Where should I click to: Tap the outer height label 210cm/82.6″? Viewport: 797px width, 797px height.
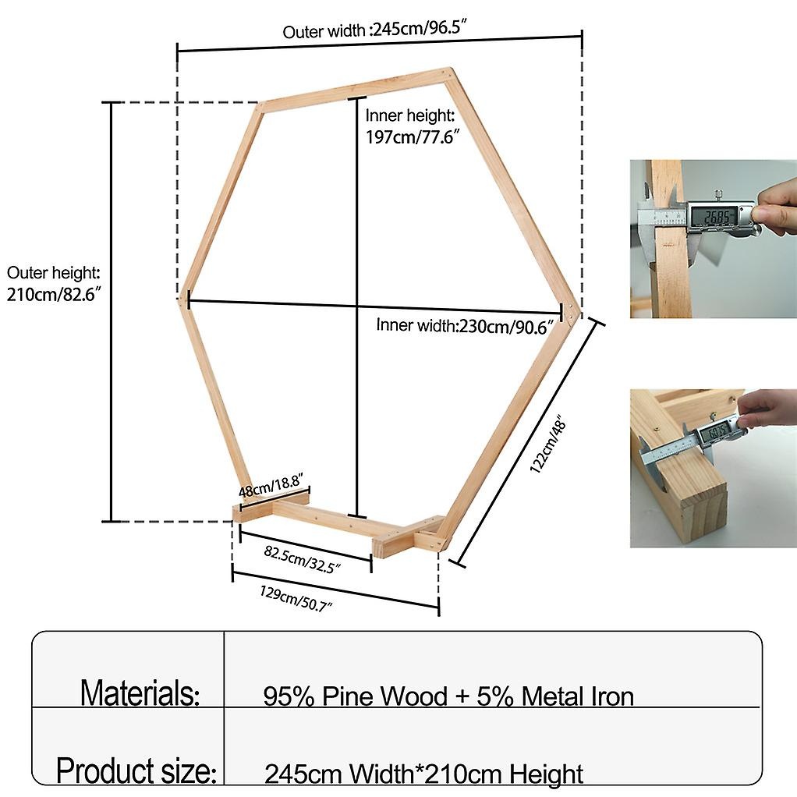(x=53, y=285)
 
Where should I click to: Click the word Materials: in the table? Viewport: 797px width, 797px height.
(x=140, y=693)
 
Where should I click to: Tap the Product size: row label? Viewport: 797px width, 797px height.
(x=136, y=771)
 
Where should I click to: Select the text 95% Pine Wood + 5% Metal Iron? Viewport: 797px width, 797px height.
(x=448, y=696)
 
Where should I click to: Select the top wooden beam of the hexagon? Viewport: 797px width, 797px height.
(x=355, y=87)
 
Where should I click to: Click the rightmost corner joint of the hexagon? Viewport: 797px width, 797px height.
(x=573, y=312)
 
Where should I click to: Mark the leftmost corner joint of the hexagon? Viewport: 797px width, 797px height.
(x=184, y=298)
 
